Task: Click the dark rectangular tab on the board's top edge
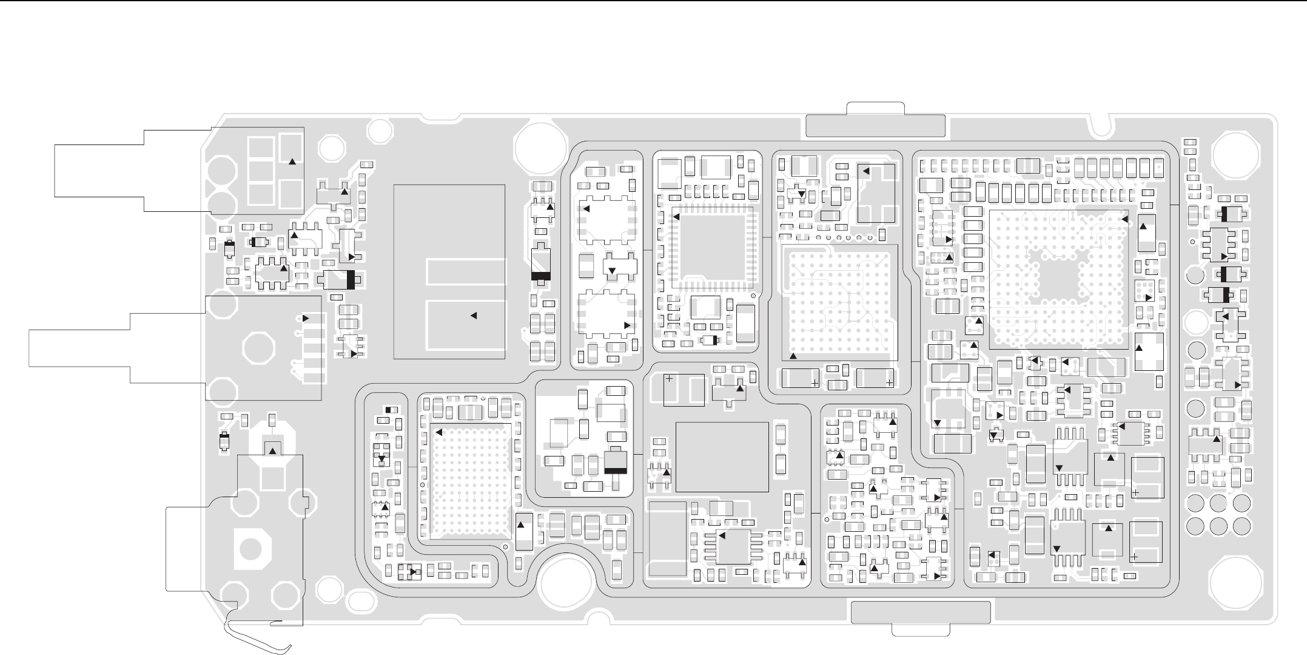875,125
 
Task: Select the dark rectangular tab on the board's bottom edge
921,612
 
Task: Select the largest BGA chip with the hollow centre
1059,279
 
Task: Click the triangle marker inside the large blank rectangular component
474,315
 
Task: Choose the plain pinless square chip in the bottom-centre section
722,456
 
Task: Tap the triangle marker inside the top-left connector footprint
292,161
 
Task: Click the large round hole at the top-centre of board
537,147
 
